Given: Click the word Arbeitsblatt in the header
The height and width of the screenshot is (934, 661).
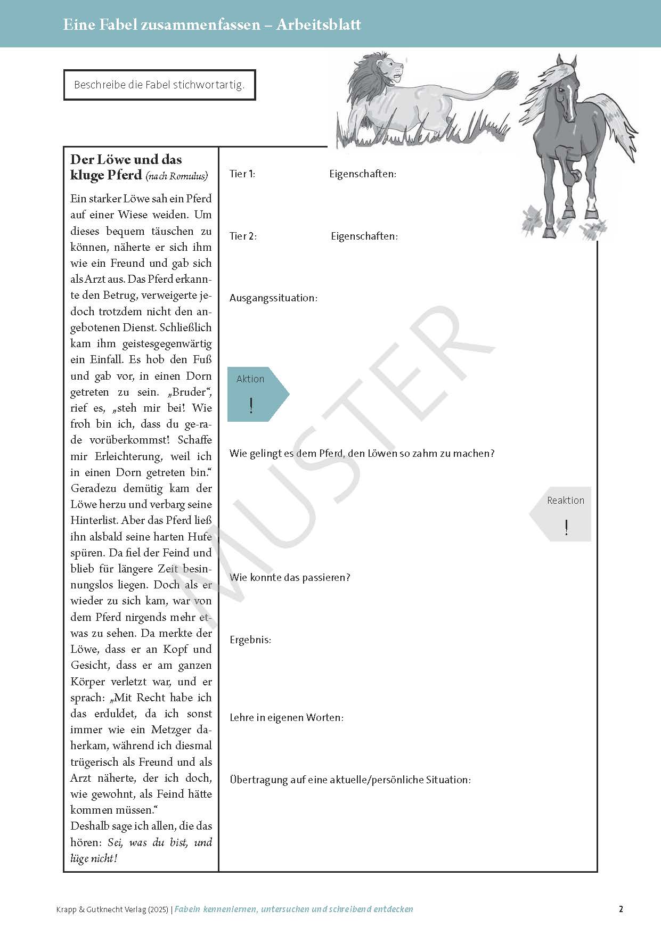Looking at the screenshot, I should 318,24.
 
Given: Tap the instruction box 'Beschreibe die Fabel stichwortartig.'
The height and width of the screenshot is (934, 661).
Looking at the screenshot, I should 159,85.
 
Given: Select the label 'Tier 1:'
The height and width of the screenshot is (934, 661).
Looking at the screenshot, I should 242,174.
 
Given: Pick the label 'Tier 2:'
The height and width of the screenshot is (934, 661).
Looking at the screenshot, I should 243,236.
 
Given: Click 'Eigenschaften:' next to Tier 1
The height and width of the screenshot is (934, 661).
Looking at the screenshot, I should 363,174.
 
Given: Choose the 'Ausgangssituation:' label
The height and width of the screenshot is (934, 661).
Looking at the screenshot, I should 273,298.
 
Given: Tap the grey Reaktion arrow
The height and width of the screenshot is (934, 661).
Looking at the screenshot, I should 562,514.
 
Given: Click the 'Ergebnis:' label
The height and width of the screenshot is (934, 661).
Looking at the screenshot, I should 250,640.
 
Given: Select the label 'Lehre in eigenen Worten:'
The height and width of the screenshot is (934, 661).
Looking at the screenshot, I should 287,718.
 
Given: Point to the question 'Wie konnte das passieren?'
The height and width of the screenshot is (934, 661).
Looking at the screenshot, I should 290,578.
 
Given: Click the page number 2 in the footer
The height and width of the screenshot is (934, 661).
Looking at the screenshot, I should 621,909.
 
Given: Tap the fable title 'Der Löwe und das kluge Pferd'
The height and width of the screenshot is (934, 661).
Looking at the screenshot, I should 126,167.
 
